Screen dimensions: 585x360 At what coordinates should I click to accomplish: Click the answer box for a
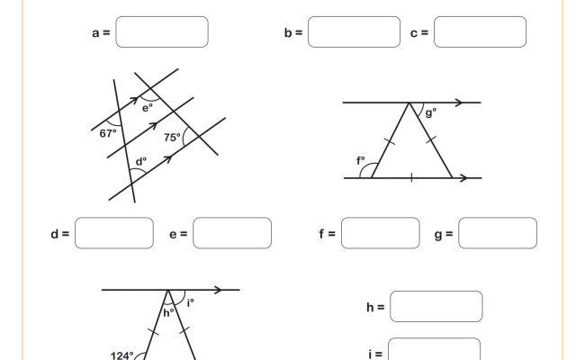click(162, 32)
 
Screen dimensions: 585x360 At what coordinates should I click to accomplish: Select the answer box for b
click(354, 32)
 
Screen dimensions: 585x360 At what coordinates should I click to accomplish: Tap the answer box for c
click(480, 32)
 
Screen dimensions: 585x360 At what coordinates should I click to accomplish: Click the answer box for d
click(114, 233)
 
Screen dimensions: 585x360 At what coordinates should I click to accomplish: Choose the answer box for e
click(232, 233)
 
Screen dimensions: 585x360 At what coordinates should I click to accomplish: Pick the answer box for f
click(381, 233)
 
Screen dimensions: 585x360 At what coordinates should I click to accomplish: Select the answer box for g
click(498, 233)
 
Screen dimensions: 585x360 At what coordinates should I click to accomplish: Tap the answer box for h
click(436, 307)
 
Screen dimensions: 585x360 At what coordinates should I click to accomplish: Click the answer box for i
click(435, 351)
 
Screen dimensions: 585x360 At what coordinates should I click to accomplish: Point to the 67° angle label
click(108, 132)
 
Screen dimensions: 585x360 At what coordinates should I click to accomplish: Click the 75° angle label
click(172, 138)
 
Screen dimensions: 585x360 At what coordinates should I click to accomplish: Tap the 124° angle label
click(121, 355)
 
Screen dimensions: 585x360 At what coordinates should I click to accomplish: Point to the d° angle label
click(140, 163)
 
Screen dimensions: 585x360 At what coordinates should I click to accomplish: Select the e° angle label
click(148, 106)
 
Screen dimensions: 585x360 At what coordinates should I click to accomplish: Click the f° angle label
click(362, 162)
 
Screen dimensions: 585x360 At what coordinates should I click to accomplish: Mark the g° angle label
click(431, 112)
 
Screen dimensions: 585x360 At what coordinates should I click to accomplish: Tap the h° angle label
click(168, 313)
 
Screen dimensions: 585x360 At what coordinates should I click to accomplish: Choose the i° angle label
click(190, 302)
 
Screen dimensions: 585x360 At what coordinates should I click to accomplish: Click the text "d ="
click(60, 234)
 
